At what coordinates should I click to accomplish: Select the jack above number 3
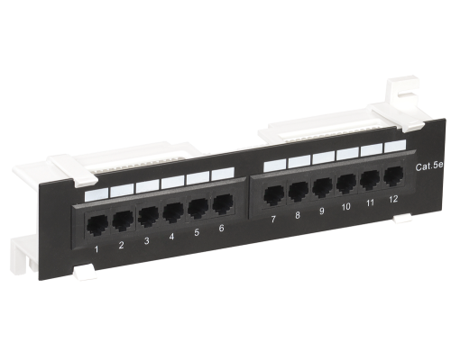(149, 215)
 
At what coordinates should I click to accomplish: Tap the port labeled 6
(223, 204)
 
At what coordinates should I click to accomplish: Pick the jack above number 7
(273, 195)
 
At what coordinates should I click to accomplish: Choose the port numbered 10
(346, 184)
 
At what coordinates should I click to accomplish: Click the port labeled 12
(394, 176)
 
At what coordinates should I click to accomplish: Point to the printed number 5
(197, 232)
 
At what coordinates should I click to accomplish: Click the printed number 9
(322, 211)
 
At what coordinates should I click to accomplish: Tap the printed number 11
(370, 202)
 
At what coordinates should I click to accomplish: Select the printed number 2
(121, 245)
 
